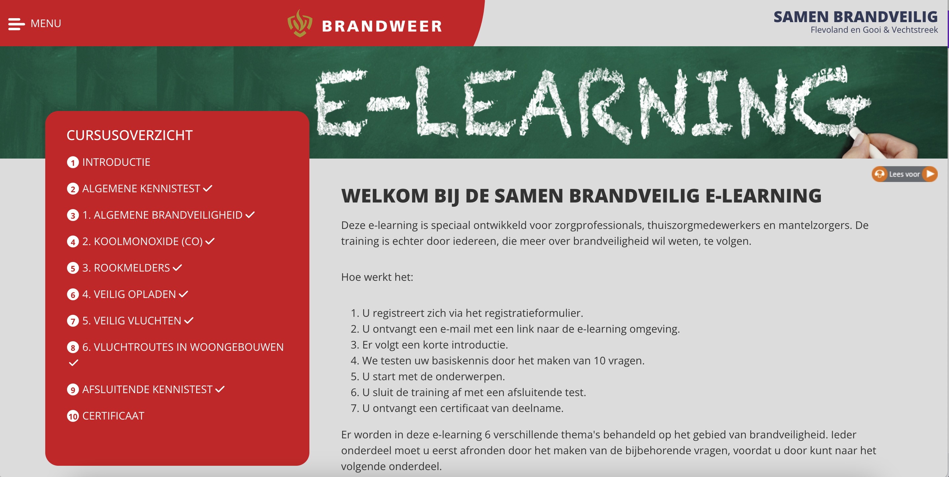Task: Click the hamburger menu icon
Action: click(17, 24)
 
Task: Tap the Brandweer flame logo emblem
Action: click(300, 23)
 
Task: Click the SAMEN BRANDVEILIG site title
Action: click(856, 17)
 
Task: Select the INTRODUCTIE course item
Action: click(116, 162)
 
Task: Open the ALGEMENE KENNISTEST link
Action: click(141, 189)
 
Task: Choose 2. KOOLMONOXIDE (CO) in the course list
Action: click(143, 241)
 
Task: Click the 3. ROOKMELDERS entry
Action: click(126, 268)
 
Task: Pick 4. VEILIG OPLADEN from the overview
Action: click(129, 294)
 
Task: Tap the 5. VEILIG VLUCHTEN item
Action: click(131, 321)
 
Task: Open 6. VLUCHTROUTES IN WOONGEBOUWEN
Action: click(183, 347)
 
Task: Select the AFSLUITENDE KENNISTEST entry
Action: click(147, 390)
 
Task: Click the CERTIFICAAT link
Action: click(113, 416)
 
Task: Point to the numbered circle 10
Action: click(73, 416)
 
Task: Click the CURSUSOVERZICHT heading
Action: click(130, 135)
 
